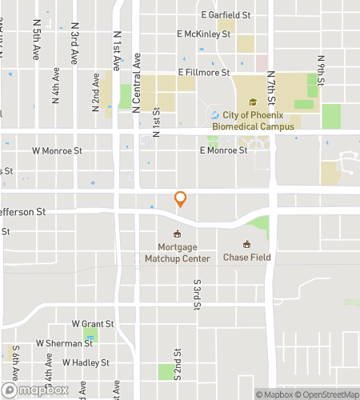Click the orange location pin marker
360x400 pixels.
point(181,199)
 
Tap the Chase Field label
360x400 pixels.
point(247,258)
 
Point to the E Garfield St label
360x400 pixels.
point(226,15)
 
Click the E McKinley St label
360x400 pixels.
point(204,34)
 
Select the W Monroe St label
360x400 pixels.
point(58,150)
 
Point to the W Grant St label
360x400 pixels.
point(93,324)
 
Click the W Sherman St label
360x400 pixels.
point(65,343)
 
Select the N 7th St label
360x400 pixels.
point(271,90)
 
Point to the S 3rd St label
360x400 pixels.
point(196,294)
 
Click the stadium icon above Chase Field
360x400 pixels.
point(247,244)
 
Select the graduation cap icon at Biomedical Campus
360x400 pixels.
point(253,102)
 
